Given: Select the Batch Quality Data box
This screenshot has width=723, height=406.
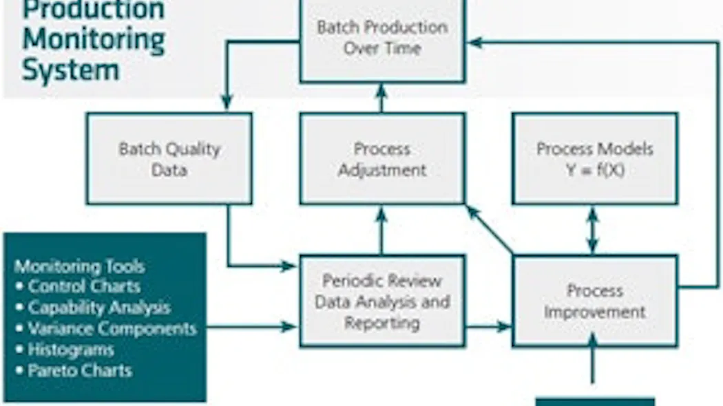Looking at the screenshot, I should tap(169, 159).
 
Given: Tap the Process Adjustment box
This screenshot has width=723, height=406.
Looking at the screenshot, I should tap(382, 159).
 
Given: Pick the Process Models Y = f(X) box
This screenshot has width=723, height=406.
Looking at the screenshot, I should tap(595, 159).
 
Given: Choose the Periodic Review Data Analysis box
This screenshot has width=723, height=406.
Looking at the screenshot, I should tap(382, 301).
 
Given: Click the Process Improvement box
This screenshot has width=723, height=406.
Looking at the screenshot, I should tap(595, 301).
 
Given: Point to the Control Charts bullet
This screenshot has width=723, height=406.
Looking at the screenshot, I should tap(83, 286).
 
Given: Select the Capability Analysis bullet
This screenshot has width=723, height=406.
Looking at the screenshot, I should tap(98, 308).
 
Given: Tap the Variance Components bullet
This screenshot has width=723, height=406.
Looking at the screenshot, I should tap(112, 328).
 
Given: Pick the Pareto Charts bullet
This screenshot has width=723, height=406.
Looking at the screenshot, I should tap(79, 370).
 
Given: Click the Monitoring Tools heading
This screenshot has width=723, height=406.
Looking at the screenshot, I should tap(80, 266).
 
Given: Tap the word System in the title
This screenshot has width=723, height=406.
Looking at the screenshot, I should tap(70, 70).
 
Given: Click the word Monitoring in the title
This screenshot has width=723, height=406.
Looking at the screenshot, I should tap(93, 39).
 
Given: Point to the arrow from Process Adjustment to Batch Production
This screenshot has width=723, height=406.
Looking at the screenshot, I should tap(382, 98).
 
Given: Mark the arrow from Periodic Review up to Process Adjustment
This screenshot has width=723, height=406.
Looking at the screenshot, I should tap(382, 230).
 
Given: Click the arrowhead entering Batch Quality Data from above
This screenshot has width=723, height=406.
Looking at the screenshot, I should tap(227, 102).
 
